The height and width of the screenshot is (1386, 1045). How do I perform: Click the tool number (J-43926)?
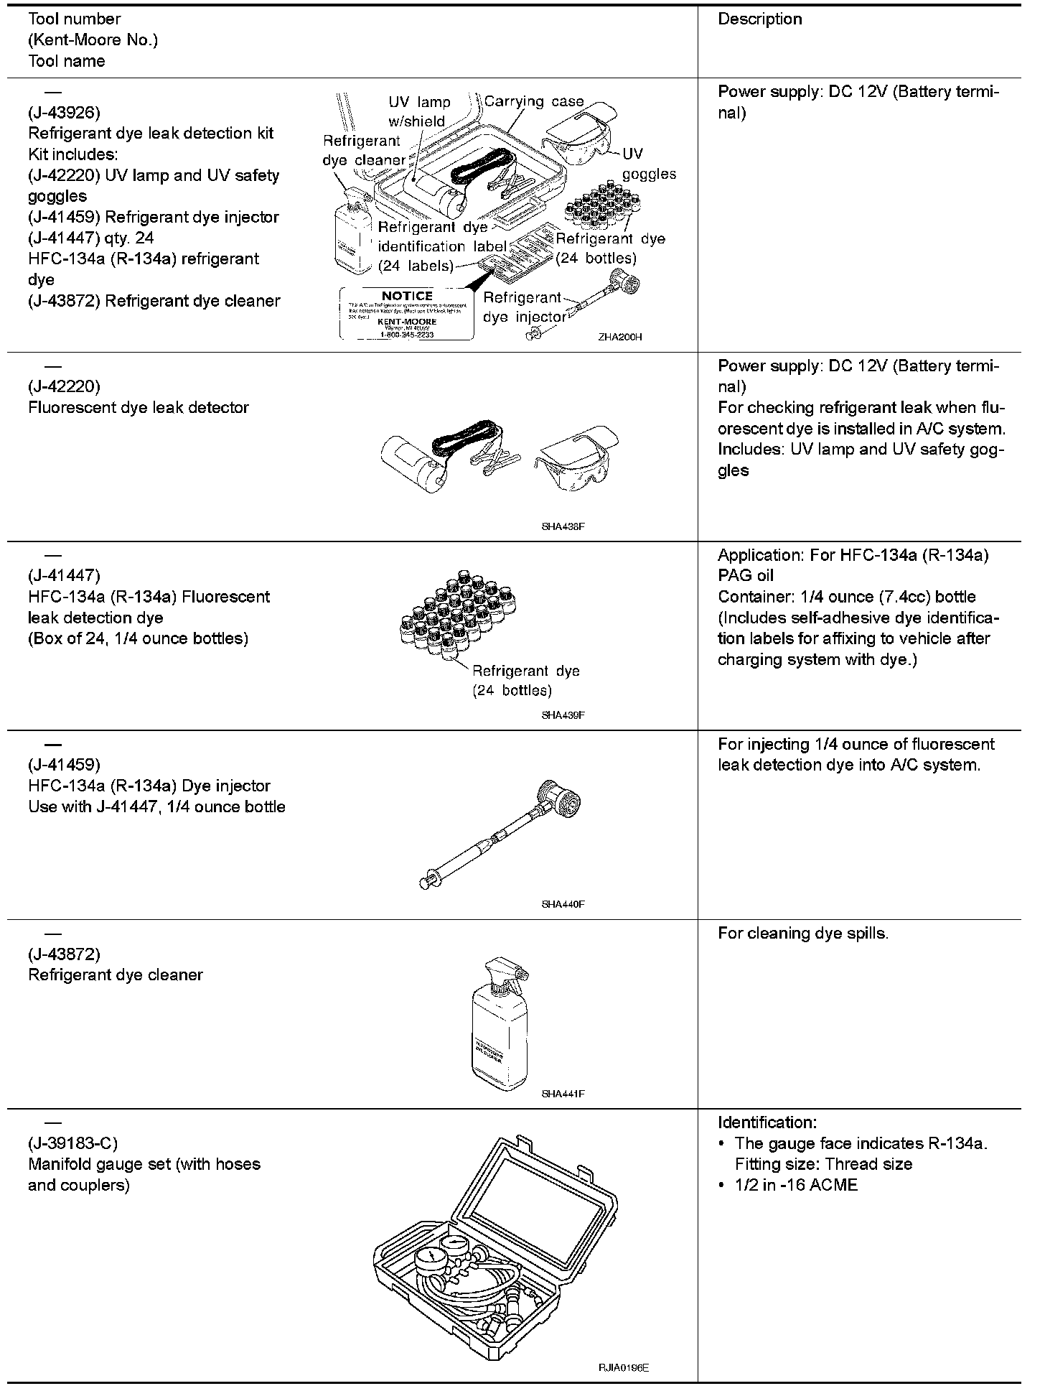coord(64,112)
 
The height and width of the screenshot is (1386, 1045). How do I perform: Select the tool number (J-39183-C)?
coord(72,1143)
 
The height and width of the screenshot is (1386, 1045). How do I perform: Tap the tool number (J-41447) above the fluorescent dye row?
coord(64,575)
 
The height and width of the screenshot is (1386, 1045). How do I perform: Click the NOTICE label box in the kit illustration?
coord(406,314)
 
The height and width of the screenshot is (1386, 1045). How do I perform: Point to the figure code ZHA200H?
coord(619,336)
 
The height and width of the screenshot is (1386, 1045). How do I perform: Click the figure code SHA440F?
coord(563,904)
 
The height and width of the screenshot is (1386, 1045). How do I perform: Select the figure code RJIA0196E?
coord(624,1369)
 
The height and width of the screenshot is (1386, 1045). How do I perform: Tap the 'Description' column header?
coord(760,19)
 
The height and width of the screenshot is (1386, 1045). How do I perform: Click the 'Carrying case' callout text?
coord(534,101)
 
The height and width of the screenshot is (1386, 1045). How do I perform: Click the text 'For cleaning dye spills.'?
coord(803,933)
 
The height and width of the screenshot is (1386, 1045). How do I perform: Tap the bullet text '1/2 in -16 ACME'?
coord(796,1185)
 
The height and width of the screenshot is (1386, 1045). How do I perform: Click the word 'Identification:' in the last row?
coord(767,1122)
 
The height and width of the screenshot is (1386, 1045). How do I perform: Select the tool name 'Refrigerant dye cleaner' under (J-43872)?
coord(116,975)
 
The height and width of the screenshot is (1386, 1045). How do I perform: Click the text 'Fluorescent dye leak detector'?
coord(139,407)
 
